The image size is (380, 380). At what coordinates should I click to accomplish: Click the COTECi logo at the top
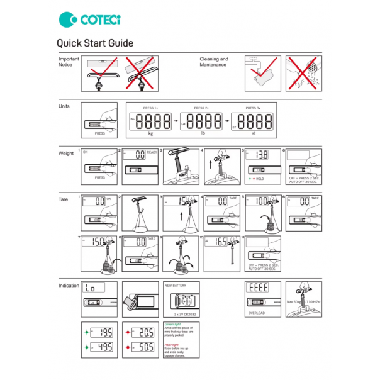click(x=89, y=20)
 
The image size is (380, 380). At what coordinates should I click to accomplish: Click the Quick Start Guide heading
click(x=94, y=43)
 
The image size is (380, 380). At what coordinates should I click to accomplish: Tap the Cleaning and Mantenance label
click(x=214, y=62)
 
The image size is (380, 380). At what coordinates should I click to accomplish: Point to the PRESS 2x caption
click(x=201, y=108)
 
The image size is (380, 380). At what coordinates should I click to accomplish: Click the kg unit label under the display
click(x=150, y=133)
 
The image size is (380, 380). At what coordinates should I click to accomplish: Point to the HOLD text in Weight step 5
click(x=260, y=179)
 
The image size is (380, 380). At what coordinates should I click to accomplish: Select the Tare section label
click(x=63, y=199)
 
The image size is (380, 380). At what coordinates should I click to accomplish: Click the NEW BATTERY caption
click(x=176, y=285)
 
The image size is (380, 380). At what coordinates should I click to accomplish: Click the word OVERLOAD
click(x=257, y=311)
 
